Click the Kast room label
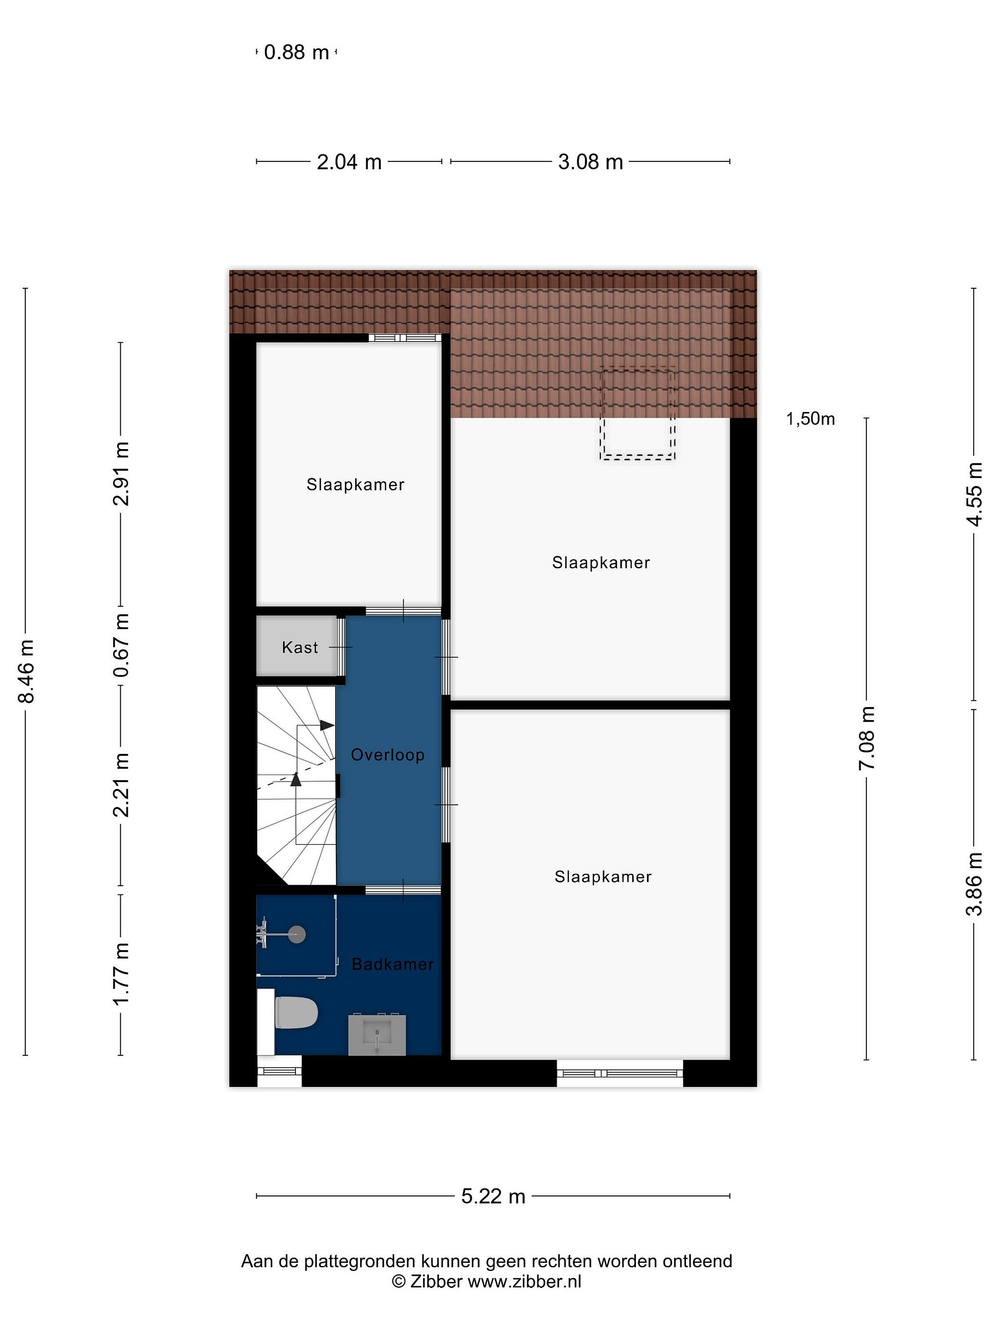click(x=299, y=647)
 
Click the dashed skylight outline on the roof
click(x=638, y=413)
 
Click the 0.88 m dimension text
click(x=296, y=52)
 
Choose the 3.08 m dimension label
click(x=590, y=162)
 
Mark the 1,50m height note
click(x=810, y=419)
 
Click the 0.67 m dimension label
click(x=121, y=645)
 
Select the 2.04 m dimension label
click(x=349, y=162)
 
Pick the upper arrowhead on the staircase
click(x=327, y=725)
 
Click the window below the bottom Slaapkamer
click(x=620, y=1073)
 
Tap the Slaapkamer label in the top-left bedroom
click(x=355, y=485)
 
